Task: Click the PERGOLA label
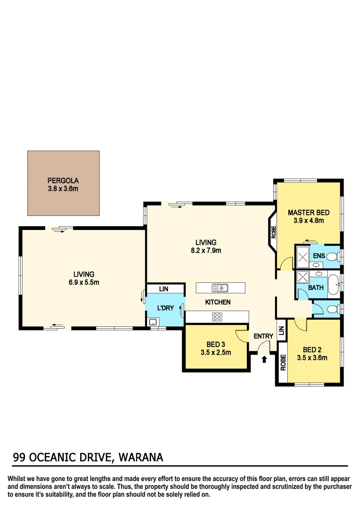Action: (63, 180)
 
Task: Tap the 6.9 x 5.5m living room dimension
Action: (84, 282)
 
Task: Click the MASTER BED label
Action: (309, 212)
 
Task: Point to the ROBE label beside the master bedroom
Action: (273, 232)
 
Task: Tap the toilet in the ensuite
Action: (333, 257)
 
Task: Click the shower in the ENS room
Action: (302, 257)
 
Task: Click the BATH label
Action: (316, 287)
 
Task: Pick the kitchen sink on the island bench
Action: (220, 288)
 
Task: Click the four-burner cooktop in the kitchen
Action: (217, 317)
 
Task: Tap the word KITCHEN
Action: (218, 302)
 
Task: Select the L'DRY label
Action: (165, 308)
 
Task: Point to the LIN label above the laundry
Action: (164, 289)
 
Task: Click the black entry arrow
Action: (264, 359)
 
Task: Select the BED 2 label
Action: (312, 350)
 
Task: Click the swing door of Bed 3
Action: (242, 336)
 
